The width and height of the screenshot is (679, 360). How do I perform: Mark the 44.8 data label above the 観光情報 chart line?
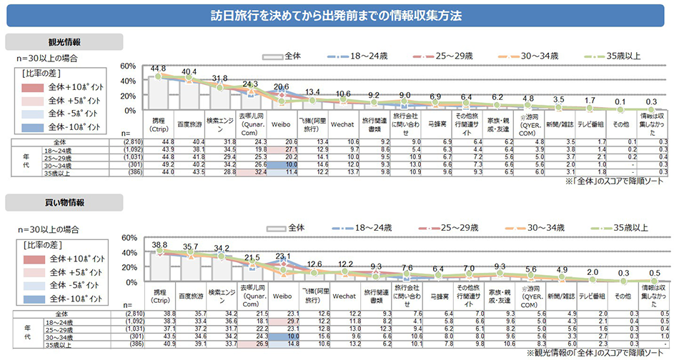coord(159,69)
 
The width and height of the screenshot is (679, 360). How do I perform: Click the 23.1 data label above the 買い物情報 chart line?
coord(282,256)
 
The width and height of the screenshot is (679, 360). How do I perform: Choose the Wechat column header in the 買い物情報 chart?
coord(344,294)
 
